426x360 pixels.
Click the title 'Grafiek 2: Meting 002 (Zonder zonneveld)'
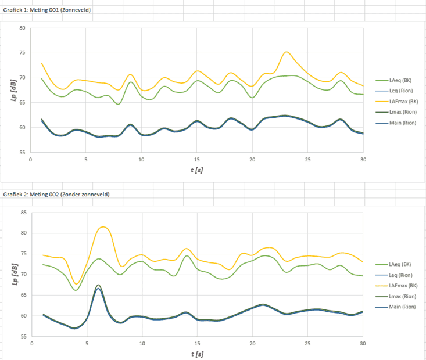pos(56,194)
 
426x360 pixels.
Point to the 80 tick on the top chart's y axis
pos(22,28)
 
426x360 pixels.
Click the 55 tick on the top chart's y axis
pos(22,152)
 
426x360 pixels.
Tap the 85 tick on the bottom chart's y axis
pos(22,213)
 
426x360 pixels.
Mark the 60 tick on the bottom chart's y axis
pos(22,316)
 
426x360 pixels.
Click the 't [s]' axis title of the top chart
pos(196,170)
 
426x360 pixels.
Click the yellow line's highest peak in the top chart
pos(286,52)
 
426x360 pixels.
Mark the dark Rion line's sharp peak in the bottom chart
pos(98,286)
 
